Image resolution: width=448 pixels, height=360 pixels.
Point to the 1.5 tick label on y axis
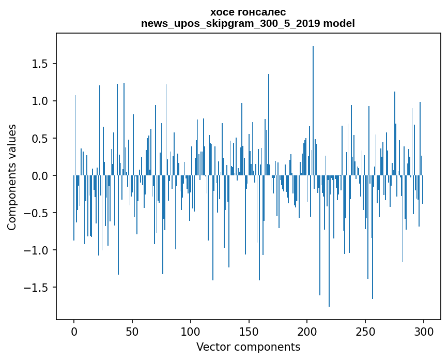[40, 64]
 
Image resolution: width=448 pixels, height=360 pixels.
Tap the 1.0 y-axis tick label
[40, 101]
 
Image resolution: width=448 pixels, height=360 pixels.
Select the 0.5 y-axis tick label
[40, 139]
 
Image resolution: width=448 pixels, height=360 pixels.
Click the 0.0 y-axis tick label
[40, 176]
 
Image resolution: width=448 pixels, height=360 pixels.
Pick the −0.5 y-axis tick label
[37, 213]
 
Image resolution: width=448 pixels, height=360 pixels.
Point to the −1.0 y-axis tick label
[37, 250]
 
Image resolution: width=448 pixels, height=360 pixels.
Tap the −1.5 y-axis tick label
[37, 288]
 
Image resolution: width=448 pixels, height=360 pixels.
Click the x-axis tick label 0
[74, 332]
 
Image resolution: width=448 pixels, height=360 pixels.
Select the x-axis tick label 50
[132, 332]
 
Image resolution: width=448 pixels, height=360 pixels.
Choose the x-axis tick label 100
[191, 332]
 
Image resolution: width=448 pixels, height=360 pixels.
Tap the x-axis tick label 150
[249, 332]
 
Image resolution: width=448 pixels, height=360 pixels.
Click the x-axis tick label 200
[307, 332]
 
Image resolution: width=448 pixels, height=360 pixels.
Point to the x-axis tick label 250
[365, 332]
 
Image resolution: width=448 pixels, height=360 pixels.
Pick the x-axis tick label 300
[424, 332]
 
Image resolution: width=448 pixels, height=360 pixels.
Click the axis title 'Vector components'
[248, 347]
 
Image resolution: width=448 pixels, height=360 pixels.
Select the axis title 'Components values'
[12, 177]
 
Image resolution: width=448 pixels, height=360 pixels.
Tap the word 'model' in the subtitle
[339, 23]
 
